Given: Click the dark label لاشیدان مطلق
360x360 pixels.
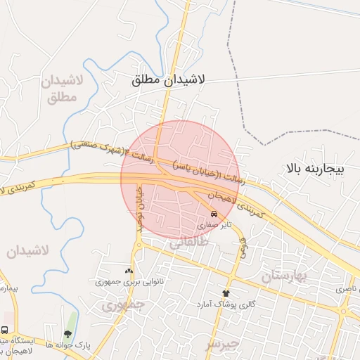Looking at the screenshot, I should [x=168, y=81].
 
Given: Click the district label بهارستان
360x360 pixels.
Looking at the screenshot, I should [x=285, y=276].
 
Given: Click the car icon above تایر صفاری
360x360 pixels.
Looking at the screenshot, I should [x=214, y=213].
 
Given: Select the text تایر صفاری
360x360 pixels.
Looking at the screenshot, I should [x=212, y=226].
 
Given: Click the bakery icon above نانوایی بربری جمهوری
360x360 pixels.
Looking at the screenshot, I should [x=128, y=271].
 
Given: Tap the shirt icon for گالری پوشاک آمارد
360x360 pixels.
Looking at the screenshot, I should [x=226, y=292].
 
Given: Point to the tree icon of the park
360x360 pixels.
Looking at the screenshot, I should [x=67, y=334].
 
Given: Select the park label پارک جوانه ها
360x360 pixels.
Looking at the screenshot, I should [x=68, y=345].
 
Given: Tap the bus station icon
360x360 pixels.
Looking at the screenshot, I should [x=5, y=330].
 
